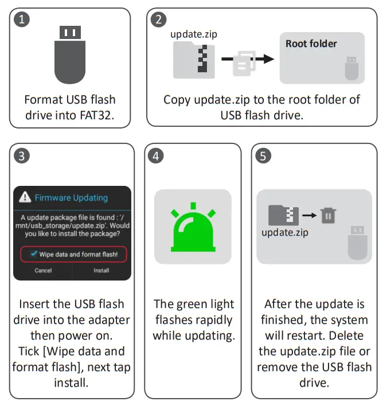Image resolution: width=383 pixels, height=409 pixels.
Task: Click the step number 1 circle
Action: coord(22,20)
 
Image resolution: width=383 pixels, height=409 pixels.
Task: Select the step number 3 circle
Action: coord(22,155)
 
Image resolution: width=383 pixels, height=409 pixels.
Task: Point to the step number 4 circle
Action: coord(155,155)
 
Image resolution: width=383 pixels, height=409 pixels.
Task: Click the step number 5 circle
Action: coord(263,155)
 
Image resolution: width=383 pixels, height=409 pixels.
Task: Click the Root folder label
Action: coord(311,44)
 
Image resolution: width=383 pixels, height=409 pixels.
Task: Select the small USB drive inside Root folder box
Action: coord(351,68)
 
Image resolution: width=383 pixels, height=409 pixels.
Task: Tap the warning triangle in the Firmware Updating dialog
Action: coord(25,197)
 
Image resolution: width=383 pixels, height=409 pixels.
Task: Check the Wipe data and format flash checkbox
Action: coord(35,254)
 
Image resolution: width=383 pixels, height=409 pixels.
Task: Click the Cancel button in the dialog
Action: coord(43,270)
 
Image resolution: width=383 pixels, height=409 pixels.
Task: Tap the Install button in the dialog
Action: coord(101,270)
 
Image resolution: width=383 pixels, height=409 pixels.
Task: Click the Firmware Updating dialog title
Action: coord(71,197)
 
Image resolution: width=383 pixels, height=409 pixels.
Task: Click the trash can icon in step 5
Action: coord(329,216)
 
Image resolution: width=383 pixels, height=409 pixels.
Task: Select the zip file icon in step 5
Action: coord(284,215)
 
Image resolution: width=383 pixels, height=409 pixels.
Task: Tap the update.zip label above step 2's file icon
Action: coord(194,34)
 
